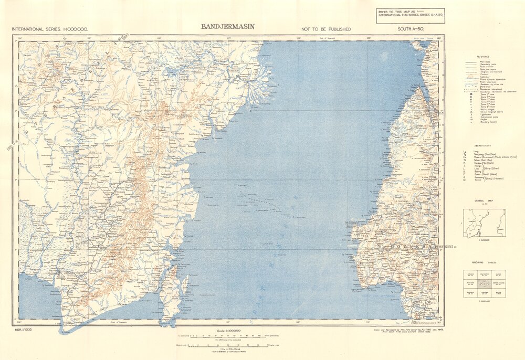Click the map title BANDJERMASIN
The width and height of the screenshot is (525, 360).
pos(228,26)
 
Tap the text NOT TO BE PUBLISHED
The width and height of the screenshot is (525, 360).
pos(326,29)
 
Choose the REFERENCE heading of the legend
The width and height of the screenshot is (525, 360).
pos(483,56)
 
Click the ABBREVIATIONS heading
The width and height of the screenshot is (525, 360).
pos(483,146)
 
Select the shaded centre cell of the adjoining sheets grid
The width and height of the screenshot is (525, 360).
pos(485,283)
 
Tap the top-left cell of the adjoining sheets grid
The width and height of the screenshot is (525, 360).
pos(470,274)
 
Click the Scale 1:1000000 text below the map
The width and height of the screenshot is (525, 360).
pos(229,331)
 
